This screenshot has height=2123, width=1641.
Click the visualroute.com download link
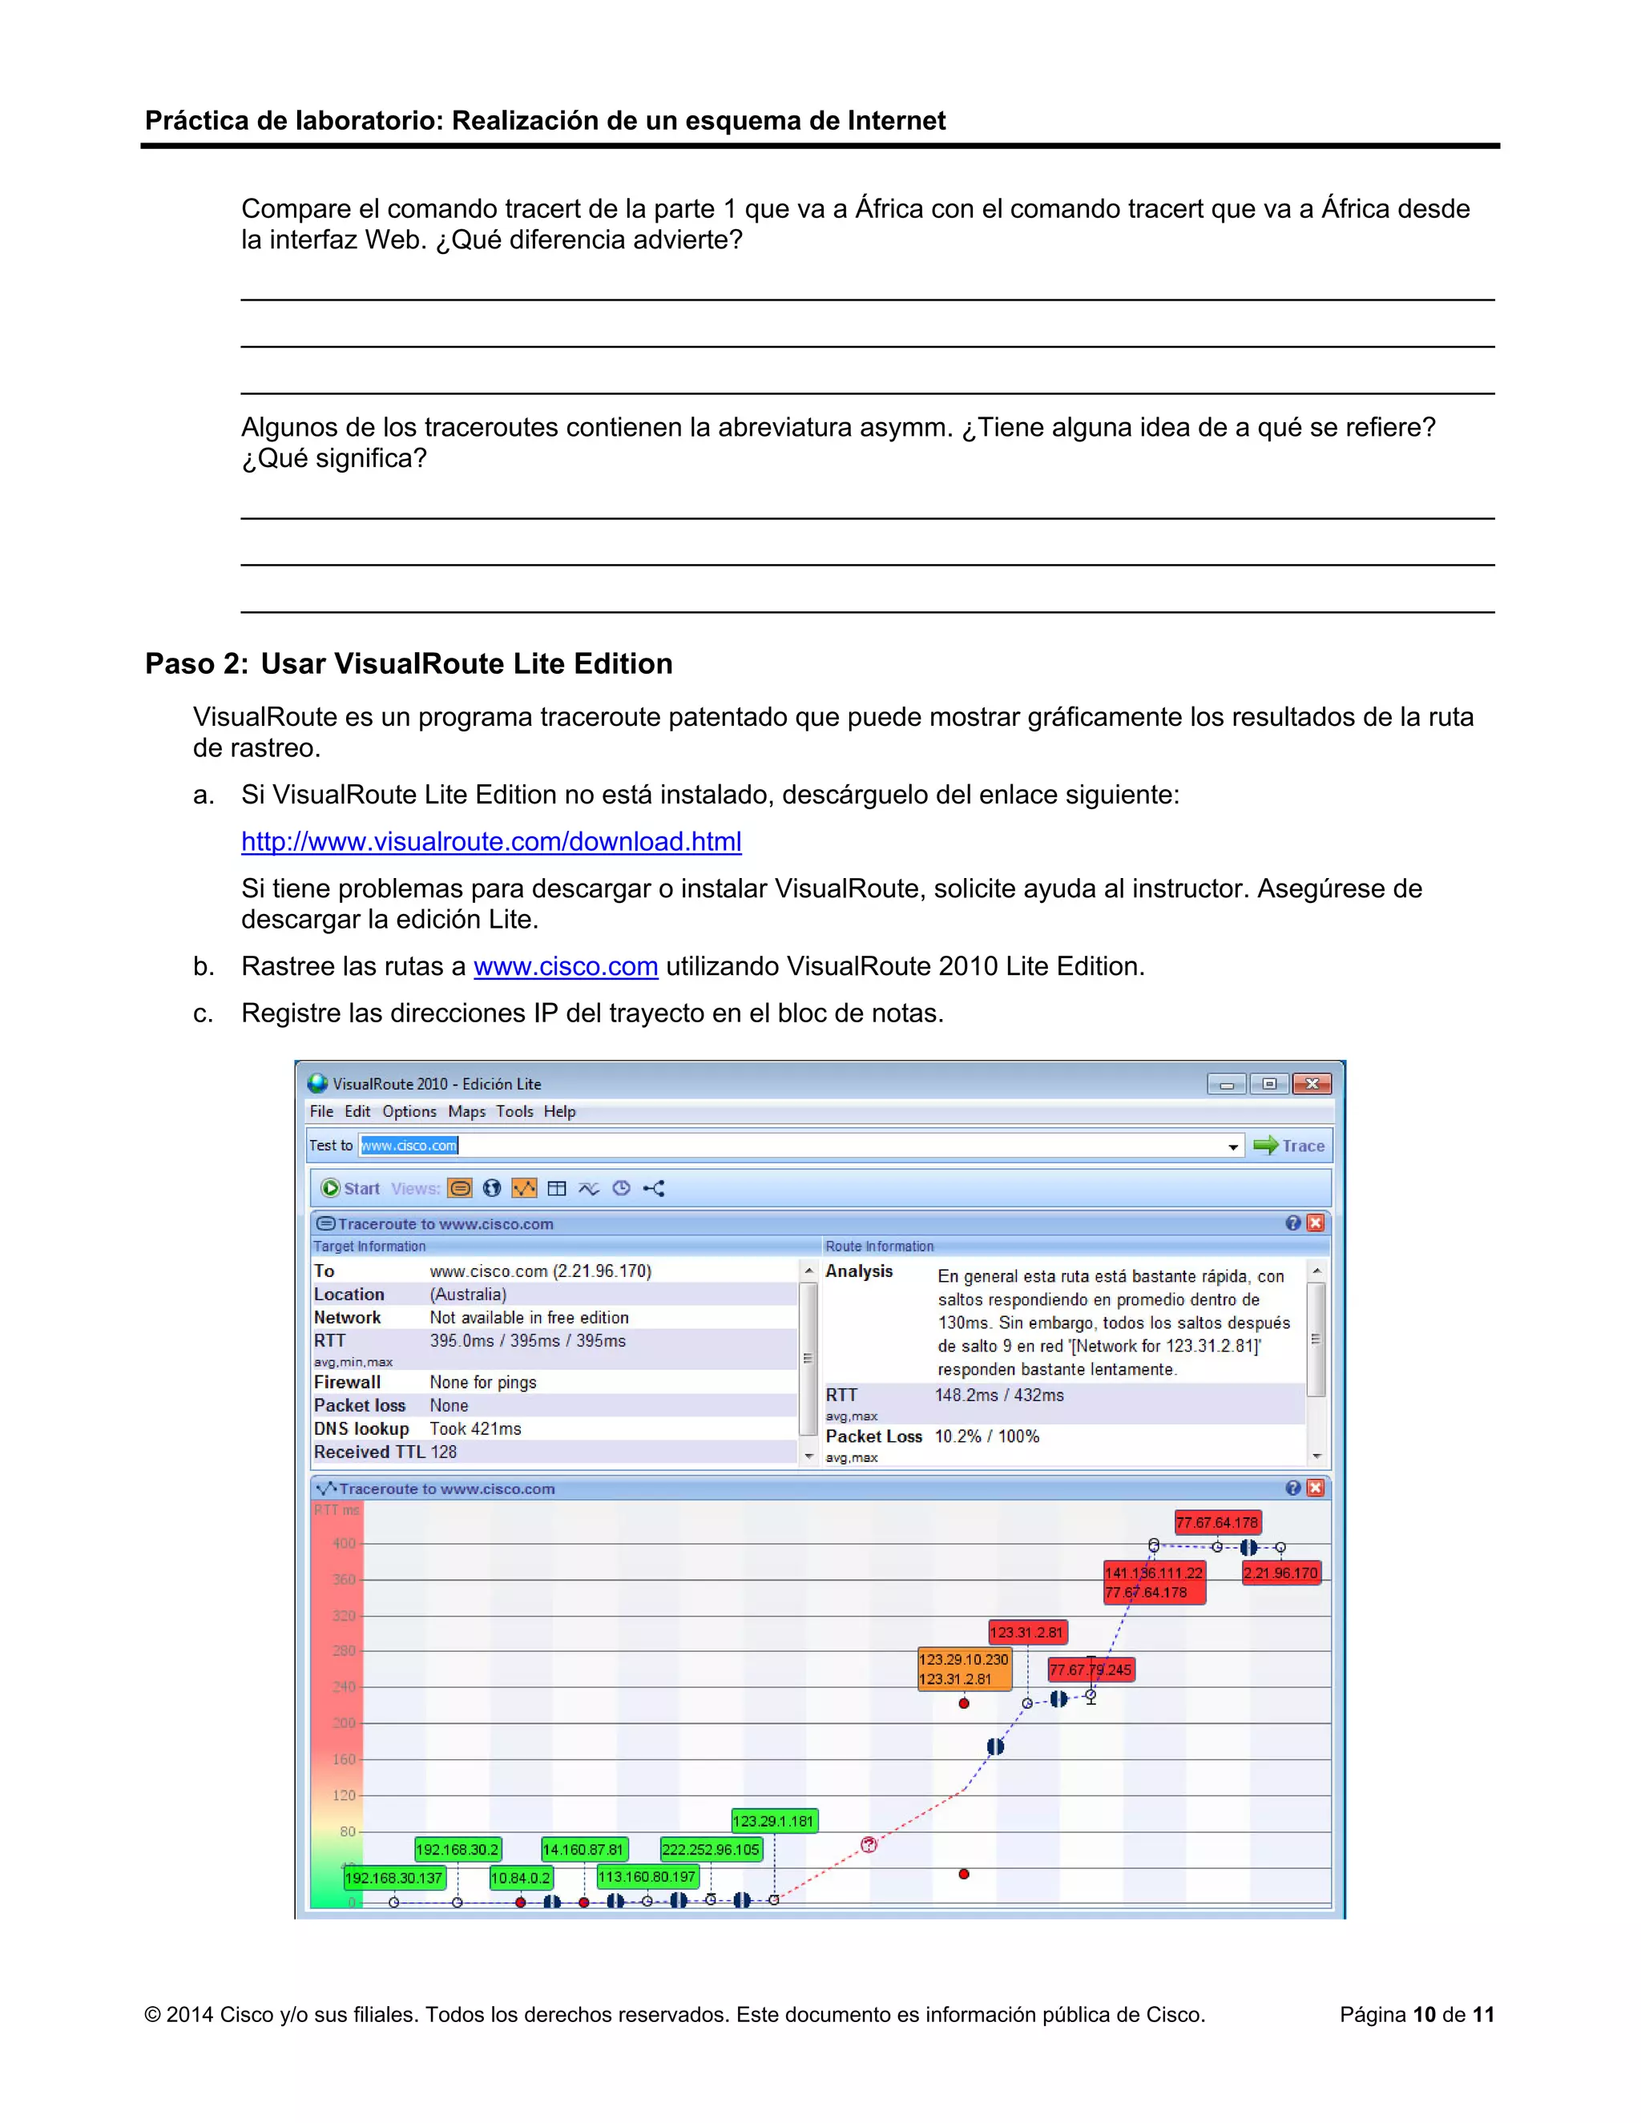[x=491, y=841]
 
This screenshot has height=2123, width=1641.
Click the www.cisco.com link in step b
[x=566, y=966]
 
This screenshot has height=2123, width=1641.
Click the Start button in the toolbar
[x=351, y=1188]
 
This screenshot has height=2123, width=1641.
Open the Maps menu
[x=466, y=1111]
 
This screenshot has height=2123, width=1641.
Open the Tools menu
[x=514, y=1111]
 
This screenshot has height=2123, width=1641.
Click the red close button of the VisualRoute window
[x=1312, y=1084]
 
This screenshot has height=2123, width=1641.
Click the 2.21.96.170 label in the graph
[x=1280, y=1573]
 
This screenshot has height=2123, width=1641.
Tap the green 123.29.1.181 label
[x=774, y=1821]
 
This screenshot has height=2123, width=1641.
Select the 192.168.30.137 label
[x=393, y=1878]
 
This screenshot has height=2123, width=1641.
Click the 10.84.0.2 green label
[x=520, y=1878]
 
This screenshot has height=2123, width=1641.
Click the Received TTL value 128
[x=443, y=1452]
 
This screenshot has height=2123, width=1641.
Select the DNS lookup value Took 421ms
[x=475, y=1428]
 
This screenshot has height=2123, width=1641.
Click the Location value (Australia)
[x=468, y=1294]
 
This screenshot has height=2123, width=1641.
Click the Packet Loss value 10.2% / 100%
[x=986, y=1436]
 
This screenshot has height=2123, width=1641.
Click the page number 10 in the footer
[x=1424, y=2015]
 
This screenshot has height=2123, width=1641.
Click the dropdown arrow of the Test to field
[x=1232, y=1147]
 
